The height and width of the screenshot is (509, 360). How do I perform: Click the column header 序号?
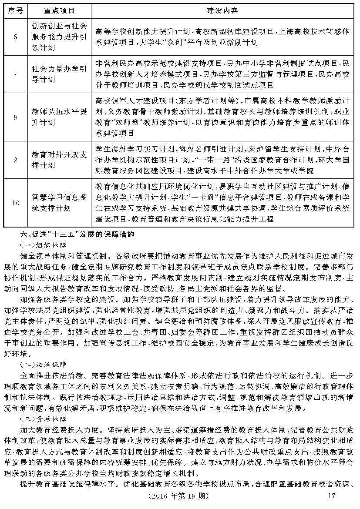(15, 10)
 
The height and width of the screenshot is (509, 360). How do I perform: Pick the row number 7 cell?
(15, 74)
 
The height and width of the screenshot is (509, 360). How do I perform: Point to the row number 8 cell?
(15, 117)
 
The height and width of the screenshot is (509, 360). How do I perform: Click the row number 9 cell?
(15, 160)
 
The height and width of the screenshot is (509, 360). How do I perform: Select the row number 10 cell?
(15, 203)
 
